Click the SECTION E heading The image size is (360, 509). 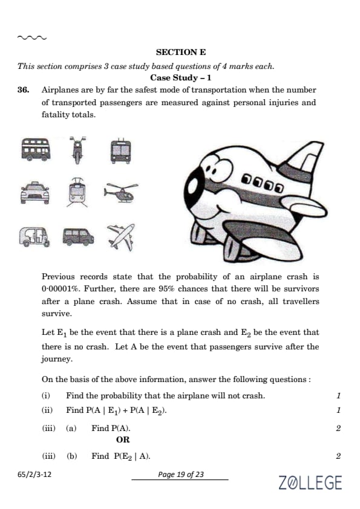(181, 52)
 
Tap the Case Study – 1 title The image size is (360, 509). (181, 78)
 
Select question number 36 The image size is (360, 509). (24, 90)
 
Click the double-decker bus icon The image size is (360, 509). (36, 149)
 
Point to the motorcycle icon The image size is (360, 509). (77, 150)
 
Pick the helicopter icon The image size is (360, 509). (121, 192)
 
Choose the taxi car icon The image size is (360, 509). (34, 193)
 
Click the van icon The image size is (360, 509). (78, 236)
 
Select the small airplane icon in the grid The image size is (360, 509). (121, 237)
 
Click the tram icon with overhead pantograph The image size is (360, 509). (77, 192)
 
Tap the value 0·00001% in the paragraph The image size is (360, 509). (61, 289)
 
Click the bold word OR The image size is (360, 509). (123, 440)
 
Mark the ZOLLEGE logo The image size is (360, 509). (310, 482)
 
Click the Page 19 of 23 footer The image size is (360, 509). (181, 475)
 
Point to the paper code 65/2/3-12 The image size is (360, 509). (34, 475)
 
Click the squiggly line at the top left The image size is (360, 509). (32, 37)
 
